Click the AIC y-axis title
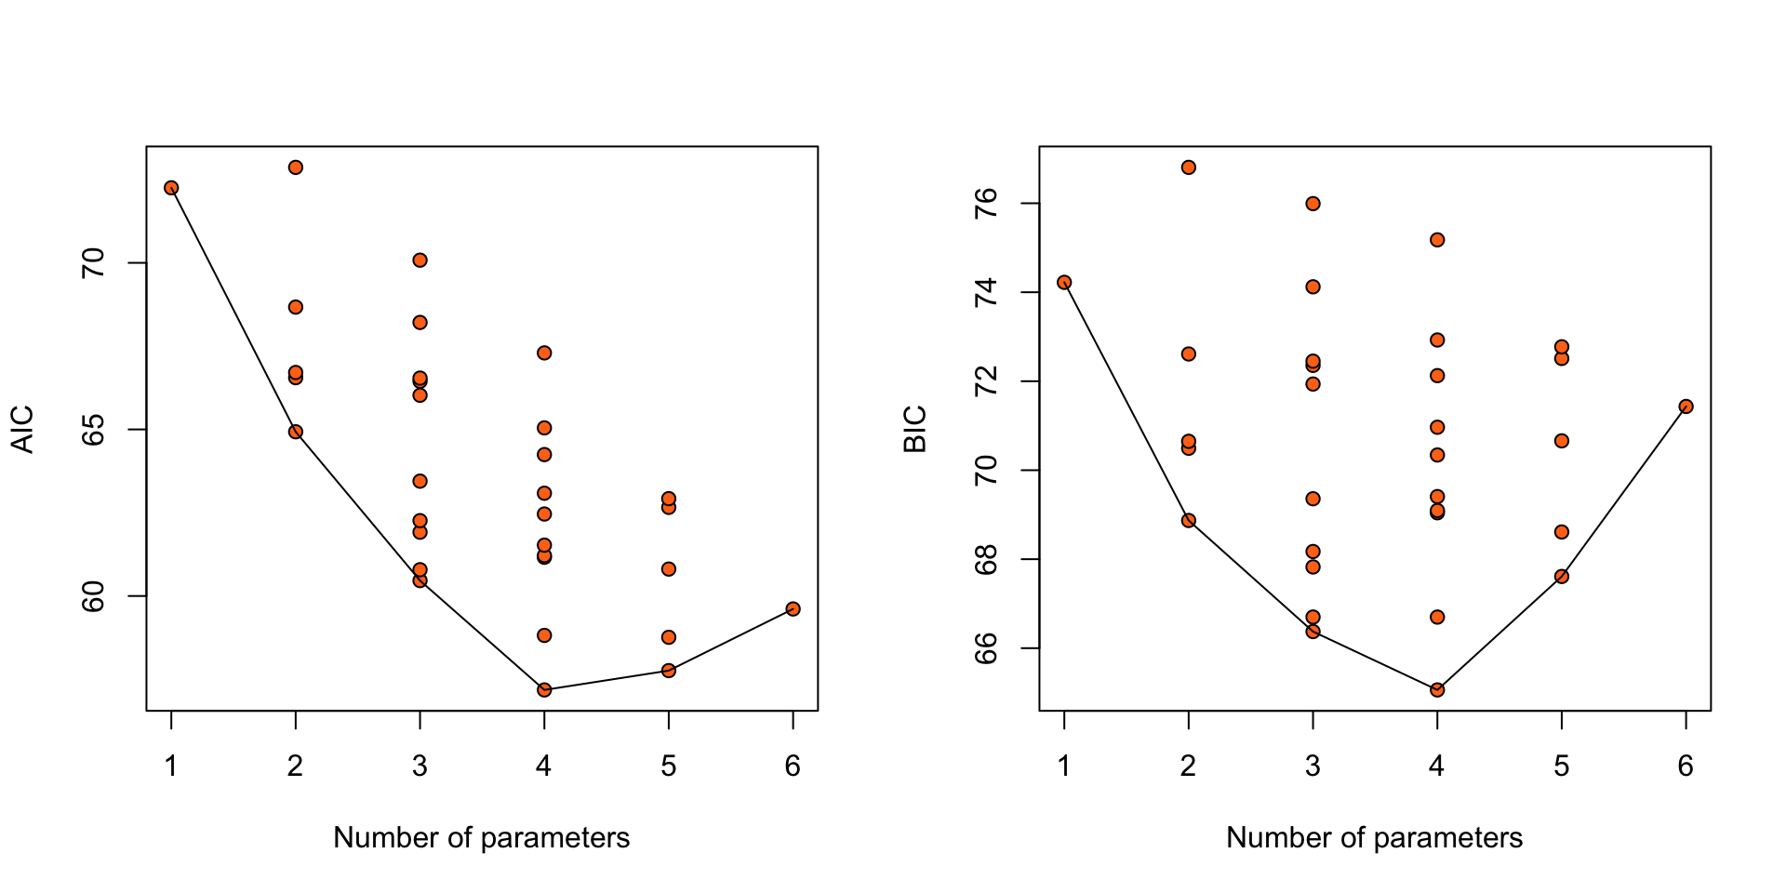22,429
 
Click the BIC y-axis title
915,429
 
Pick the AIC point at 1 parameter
171,188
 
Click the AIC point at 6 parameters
793,608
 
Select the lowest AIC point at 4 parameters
544,689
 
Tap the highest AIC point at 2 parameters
296,167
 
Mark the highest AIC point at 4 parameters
544,353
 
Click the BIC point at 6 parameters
1686,407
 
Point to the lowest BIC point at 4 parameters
1437,689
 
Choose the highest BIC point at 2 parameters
1189,167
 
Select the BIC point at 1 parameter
1064,282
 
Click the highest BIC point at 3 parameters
1313,204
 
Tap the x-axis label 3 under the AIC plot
420,766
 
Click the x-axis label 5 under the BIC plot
1561,766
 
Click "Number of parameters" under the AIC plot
481,838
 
